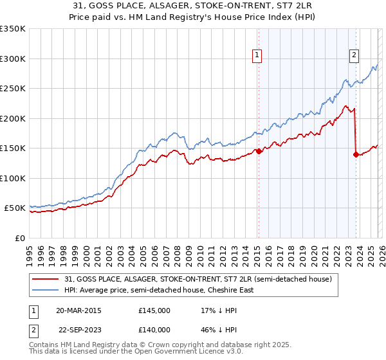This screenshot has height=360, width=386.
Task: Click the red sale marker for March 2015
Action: click(x=258, y=152)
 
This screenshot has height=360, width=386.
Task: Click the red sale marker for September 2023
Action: click(x=356, y=154)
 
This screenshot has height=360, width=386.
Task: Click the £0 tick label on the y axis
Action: click(x=19, y=238)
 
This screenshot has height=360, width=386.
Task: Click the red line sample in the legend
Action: click(x=46, y=279)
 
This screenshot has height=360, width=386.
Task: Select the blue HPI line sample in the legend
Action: click(x=46, y=290)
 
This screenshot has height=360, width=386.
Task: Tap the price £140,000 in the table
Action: click(x=154, y=329)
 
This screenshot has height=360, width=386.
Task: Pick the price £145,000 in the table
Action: click(x=154, y=310)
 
